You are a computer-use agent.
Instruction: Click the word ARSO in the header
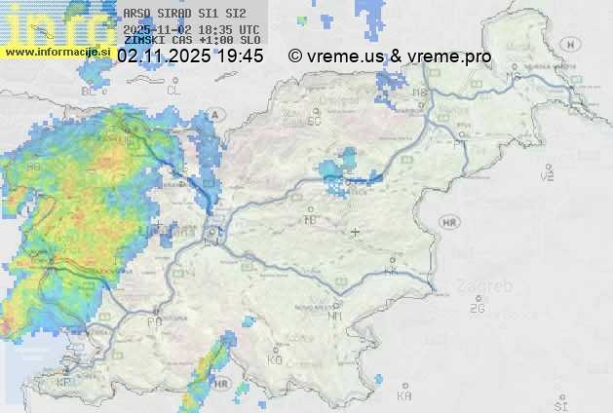(x=136, y=14)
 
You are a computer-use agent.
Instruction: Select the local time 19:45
(x=240, y=56)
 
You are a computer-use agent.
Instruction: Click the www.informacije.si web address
(x=56, y=52)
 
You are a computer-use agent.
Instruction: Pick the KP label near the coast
(x=64, y=383)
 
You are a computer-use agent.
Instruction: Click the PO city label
(x=154, y=320)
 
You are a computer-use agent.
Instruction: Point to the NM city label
(x=335, y=316)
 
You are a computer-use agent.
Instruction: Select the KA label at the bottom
(x=404, y=396)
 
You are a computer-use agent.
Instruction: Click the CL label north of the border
(x=174, y=90)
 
